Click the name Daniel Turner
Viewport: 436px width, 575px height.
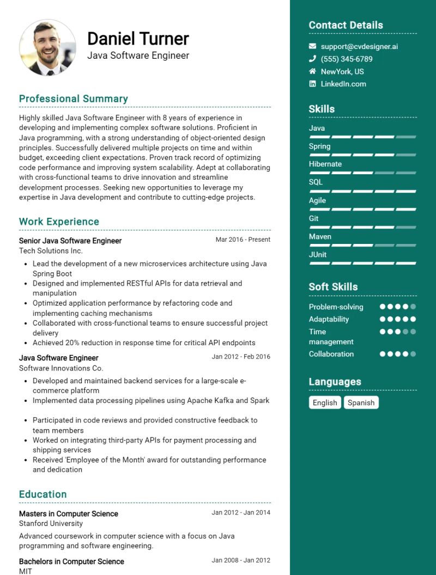[x=138, y=39]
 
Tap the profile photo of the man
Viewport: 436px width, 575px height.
[x=47, y=48]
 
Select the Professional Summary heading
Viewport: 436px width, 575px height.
[x=74, y=99]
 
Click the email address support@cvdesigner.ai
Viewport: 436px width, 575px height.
[x=359, y=46]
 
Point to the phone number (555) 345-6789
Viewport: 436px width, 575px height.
[x=347, y=59]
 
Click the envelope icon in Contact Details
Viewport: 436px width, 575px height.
[x=312, y=46]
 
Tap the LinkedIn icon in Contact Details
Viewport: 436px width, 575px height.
[x=312, y=84]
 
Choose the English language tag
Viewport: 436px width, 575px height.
[x=325, y=402]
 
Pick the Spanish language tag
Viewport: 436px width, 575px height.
[x=361, y=402]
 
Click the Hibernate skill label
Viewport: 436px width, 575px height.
[x=325, y=164]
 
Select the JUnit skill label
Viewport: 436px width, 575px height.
[x=318, y=254]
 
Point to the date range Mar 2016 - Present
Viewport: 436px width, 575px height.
[x=243, y=240]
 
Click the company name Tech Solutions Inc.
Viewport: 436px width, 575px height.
[x=51, y=250]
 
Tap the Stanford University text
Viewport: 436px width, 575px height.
[x=51, y=523]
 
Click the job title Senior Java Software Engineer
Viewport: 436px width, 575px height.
[x=70, y=241]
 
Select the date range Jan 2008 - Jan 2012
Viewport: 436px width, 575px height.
[x=241, y=560]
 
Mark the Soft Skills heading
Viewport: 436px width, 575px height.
[x=333, y=286]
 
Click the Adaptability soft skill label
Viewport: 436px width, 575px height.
[x=329, y=319]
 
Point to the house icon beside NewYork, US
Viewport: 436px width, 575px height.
[x=312, y=71]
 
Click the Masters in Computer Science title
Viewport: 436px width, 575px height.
[x=68, y=513]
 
